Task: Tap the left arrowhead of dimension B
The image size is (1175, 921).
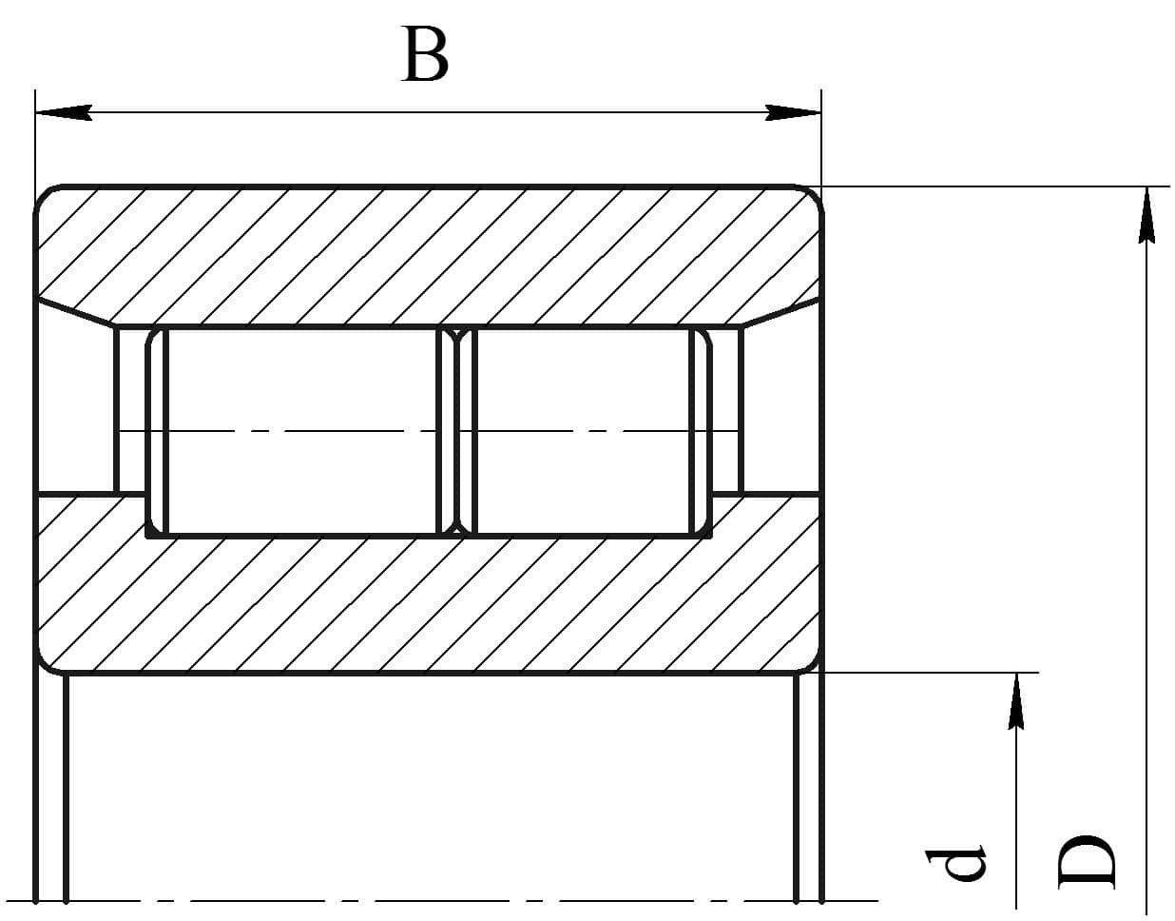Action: [63, 112]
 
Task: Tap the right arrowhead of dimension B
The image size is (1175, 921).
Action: [793, 112]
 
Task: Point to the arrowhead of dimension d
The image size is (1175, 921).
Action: [1016, 701]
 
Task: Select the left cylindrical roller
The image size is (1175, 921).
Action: [300, 431]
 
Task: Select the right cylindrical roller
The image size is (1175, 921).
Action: [584, 431]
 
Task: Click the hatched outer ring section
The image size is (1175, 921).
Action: [429, 255]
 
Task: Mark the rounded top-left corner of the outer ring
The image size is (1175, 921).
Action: [44, 195]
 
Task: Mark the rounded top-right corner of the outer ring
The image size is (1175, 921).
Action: [815, 195]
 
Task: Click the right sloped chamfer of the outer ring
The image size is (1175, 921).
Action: [781, 313]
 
